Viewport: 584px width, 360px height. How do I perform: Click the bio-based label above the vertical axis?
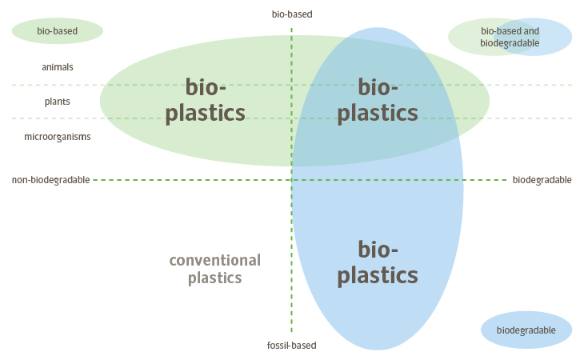click(292, 14)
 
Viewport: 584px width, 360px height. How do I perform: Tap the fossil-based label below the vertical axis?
click(292, 346)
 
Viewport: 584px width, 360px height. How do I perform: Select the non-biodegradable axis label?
click(50, 180)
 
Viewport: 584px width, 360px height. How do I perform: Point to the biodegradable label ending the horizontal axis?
click(542, 180)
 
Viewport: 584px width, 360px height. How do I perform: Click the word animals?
click(58, 67)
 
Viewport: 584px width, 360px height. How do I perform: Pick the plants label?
click(58, 102)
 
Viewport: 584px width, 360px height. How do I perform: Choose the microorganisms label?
click(58, 137)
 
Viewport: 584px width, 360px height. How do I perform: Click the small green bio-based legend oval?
click(58, 31)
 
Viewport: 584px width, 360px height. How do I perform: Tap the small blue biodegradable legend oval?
click(526, 330)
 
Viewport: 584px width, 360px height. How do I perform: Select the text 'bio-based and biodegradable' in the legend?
click(510, 37)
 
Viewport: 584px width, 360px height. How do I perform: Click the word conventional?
click(215, 260)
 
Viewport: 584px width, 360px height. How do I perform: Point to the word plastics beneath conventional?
click(215, 278)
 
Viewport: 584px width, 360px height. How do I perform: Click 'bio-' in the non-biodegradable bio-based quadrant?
click(205, 86)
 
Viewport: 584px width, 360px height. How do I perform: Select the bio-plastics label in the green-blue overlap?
click(378, 100)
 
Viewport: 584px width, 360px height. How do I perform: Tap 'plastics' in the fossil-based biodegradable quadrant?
click(378, 275)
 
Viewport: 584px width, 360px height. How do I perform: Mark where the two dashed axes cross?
click(291, 180)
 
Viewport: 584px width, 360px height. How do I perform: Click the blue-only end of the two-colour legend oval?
click(558, 37)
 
